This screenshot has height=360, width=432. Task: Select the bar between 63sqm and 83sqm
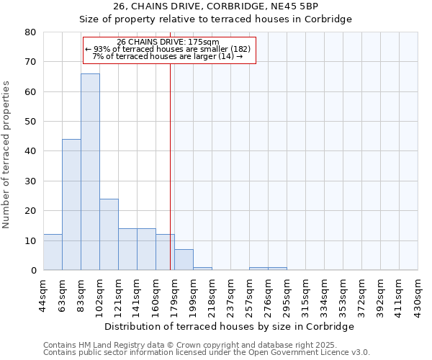(71, 204)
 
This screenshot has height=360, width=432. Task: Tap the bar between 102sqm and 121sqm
(109, 234)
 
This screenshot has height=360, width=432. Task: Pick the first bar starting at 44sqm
(53, 252)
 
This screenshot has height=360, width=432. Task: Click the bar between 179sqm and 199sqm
(184, 260)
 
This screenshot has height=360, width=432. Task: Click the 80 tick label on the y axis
(30, 32)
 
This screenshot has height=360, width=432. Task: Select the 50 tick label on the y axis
(30, 122)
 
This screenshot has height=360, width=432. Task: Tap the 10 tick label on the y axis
(30, 240)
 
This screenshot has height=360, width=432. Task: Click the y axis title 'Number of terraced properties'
(7, 154)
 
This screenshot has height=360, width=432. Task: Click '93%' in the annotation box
(102, 49)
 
